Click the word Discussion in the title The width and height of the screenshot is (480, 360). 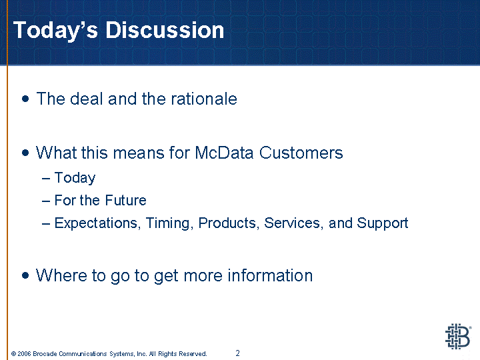165,30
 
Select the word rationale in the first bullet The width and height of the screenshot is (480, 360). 204,99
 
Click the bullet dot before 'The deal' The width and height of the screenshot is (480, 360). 26,99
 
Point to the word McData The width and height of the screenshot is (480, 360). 224,153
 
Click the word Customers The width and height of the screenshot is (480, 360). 301,153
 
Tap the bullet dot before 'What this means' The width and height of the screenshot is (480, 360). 26,153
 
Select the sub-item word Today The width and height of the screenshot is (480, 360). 75,178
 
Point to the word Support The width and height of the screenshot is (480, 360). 383,223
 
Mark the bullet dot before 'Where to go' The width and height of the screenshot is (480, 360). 26,275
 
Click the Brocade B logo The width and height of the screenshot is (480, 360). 458,336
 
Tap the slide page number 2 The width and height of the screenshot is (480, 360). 237,353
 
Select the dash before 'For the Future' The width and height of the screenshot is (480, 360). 46,201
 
